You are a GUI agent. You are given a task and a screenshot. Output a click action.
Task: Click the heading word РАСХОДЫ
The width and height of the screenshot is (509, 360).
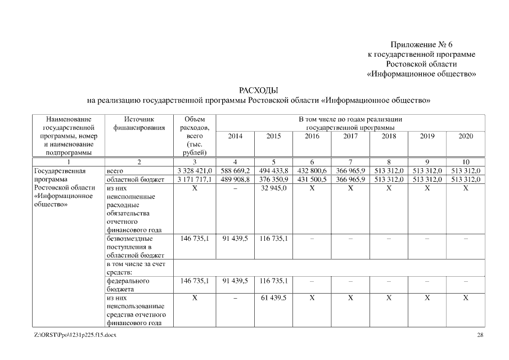pyautogui.click(x=259, y=91)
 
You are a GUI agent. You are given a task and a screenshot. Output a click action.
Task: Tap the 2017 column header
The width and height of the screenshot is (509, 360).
pyautogui.click(x=350, y=136)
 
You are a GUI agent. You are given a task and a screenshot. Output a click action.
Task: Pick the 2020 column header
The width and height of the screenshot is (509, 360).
pyautogui.click(x=466, y=136)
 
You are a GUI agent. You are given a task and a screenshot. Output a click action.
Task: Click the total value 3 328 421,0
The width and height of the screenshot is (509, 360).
pyautogui.click(x=194, y=170)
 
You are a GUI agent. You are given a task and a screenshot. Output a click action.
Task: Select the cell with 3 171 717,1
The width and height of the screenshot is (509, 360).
pyautogui.click(x=194, y=179)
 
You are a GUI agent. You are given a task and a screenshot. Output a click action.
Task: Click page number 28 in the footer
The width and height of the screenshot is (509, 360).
pyautogui.click(x=480, y=335)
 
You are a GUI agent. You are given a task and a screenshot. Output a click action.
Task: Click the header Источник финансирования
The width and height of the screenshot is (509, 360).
pyautogui.click(x=139, y=124)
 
